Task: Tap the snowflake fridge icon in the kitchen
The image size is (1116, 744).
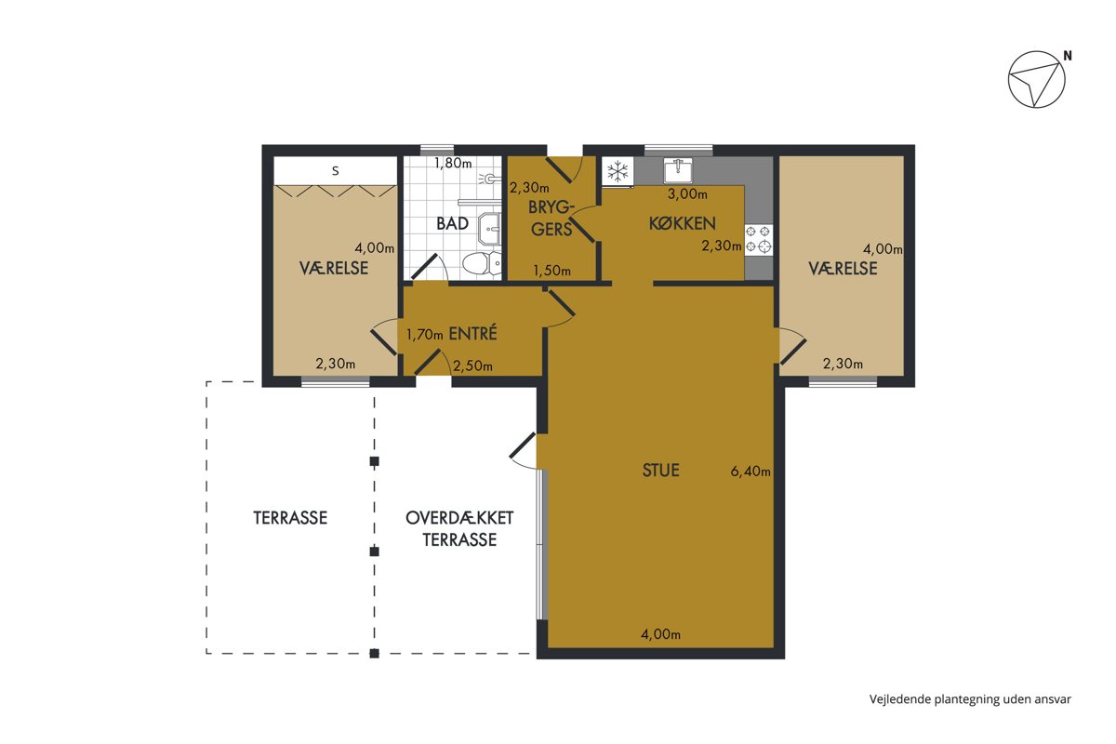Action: [x=618, y=171]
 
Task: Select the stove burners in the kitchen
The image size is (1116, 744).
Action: [x=758, y=239]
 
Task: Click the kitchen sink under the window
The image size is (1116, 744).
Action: [x=678, y=171]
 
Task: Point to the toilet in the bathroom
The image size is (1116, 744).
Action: [x=482, y=262]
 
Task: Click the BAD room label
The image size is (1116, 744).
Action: [x=452, y=224]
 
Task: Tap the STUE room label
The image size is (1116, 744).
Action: [x=660, y=471]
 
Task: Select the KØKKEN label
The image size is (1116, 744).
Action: [x=682, y=224]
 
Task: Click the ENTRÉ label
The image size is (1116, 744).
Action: [x=472, y=333]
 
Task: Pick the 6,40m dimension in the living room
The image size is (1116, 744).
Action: [x=751, y=472]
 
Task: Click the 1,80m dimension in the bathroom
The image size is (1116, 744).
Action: [x=453, y=163]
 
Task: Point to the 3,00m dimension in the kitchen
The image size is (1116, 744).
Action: [x=687, y=194]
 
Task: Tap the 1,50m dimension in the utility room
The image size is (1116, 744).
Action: [x=552, y=271]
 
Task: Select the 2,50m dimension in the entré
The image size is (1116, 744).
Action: [x=472, y=366]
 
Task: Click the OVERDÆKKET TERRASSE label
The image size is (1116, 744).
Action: [x=459, y=529]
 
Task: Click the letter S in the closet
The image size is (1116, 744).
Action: [x=336, y=171]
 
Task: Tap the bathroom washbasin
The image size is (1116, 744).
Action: [x=489, y=229]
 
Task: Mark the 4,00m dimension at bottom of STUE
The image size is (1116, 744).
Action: [x=660, y=634]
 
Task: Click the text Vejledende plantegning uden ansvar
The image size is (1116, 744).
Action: [x=970, y=699]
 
